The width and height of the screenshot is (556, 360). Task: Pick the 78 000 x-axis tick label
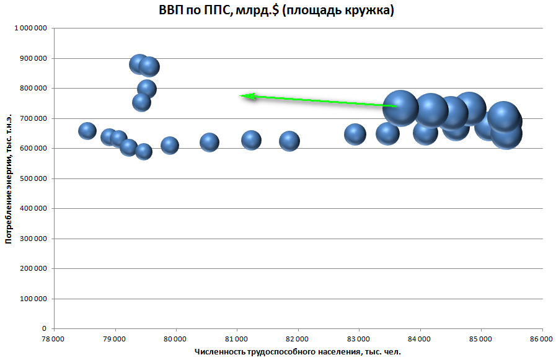pos(53,339)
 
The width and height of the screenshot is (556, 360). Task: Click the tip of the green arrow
pos(240,95)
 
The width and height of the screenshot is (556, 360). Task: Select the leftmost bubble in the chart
pos(87,131)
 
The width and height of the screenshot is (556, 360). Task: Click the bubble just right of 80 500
pos(210,142)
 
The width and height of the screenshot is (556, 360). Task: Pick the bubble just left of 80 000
pos(170,146)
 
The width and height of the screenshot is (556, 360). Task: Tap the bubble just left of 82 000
pos(289,141)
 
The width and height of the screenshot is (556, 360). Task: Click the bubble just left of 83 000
pos(355,134)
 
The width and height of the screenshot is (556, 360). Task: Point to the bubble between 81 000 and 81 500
pos(251,140)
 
